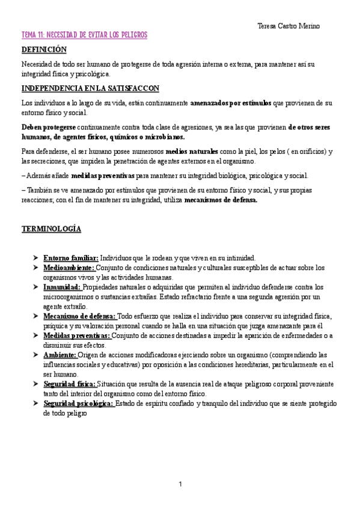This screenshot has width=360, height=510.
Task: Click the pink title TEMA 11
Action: (84, 36)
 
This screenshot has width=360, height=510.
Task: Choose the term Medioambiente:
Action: (69, 268)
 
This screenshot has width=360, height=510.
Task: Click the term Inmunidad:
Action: (62, 287)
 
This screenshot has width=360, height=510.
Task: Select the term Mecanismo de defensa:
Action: (79, 316)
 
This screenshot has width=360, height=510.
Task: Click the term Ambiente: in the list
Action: (59, 355)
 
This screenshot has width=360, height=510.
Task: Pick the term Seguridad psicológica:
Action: (78, 404)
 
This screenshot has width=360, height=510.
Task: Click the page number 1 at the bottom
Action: (180, 484)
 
